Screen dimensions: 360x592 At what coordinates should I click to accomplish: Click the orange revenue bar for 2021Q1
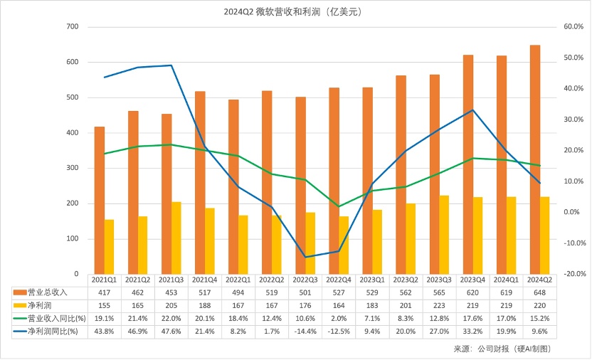pyautogui.click(x=100, y=200)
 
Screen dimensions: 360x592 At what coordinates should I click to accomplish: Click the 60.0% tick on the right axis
pyautogui.click(x=573, y=27)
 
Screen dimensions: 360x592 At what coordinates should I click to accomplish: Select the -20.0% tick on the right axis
pyautogui.click(x=573, y=274)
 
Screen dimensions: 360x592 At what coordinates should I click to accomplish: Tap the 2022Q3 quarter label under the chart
pyautogui.click(x=305, y=280)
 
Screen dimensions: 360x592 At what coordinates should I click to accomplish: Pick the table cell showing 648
pyautogui.click(x=539, y=292)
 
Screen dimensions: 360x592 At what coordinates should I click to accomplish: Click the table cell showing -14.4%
pyautogui.click(x=305, y=332)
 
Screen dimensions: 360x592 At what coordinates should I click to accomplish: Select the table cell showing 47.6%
pyautogui.click(x=171, y=332)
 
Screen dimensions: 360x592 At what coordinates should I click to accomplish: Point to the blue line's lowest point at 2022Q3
pyautogui.click(x=305, y=257)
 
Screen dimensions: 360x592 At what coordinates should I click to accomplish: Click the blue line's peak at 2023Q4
pyautogui.click(x=472, y=110)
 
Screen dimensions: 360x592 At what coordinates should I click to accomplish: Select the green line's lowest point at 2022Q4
pyautogui.click(x=339, y=206)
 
